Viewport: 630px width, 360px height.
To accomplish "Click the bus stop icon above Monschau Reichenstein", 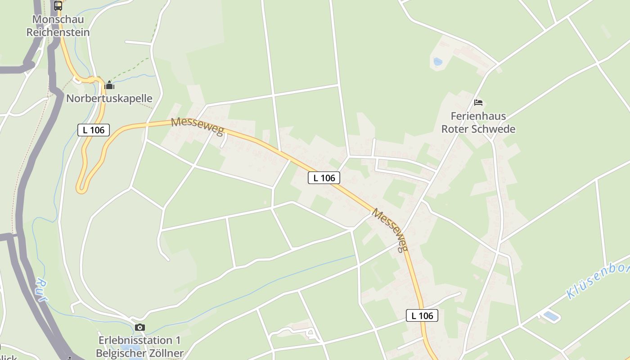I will (x=58, y=5).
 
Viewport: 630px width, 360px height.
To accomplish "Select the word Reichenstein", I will (x=58, y=32).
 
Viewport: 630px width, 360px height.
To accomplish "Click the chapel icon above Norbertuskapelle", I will (x=109, y=85).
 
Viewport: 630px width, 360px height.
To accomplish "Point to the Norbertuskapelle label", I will (x=109, y=98).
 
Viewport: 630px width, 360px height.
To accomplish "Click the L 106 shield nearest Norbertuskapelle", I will (x=94, y=130).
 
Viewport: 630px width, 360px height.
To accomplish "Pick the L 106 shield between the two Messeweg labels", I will (x=324, y=178).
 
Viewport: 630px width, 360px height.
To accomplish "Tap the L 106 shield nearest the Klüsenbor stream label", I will (x=422, y=315).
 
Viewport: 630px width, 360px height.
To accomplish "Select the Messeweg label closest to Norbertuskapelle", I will (x=197, y=126).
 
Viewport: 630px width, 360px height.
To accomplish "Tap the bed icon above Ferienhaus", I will (x=478, y=103).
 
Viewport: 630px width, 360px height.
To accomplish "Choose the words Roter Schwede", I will (x=478, y=129).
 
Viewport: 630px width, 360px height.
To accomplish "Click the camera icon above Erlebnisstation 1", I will (x=140, y=327).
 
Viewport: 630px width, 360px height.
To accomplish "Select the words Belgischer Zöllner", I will (x=140, y=353).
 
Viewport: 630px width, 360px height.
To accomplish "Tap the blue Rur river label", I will (x=42, y=290).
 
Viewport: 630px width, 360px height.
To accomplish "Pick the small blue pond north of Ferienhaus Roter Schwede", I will (x=437, y=61).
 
